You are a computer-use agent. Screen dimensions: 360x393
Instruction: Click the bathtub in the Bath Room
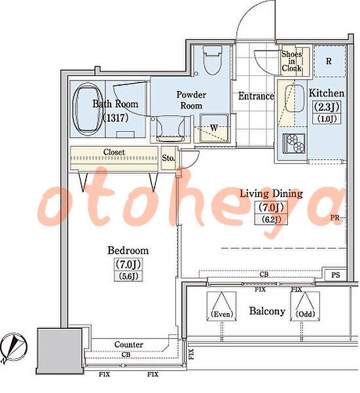tap(88, 109)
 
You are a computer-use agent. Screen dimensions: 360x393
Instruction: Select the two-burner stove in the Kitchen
tap(294, 143)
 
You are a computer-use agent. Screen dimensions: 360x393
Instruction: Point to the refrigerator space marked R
tap(329, 61)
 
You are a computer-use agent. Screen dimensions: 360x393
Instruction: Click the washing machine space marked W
tap(215, 128)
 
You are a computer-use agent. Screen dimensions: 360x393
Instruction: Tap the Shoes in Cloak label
tap(291, 61)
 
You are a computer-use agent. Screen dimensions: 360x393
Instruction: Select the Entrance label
tap(256, 96)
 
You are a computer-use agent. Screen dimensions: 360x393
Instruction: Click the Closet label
tap(114, 152)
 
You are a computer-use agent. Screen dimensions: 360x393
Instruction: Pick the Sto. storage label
tap(168, 158)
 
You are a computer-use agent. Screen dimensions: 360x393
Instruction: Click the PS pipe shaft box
tap(335, 275)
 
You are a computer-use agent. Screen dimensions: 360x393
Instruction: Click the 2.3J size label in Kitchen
tap(327, 107)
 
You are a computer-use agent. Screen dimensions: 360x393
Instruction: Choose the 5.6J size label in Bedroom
tap(128, 276)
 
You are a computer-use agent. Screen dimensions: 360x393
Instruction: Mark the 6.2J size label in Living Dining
tap(271, 219)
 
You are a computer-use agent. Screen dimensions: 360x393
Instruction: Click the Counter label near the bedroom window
tap(129, 345)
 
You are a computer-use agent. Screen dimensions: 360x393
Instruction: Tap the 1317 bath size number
tap(116, 117)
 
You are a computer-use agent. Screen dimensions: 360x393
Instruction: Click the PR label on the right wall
tap(334, 218)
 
